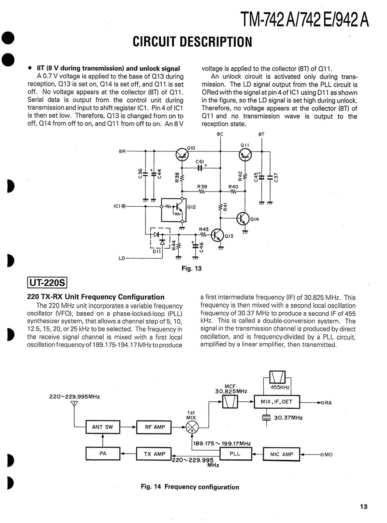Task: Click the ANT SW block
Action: coord(103,427)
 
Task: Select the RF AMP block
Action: coord(155,427)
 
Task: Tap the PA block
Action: coord(103,454)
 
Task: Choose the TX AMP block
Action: coord(154,454)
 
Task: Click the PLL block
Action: coord(235,454)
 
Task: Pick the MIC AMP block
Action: coord(282,455)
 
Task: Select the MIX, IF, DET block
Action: coord(280,402)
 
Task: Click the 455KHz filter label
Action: coord(281,387)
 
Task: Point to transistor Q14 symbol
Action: coord(243,219)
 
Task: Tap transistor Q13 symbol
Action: coord(217,235)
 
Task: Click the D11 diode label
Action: coord(157,252)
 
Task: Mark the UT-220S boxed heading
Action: coord(47,283)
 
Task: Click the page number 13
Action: coord(363,506)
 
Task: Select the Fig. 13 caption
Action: coord(191,269)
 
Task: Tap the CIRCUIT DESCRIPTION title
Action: coord(193,42)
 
